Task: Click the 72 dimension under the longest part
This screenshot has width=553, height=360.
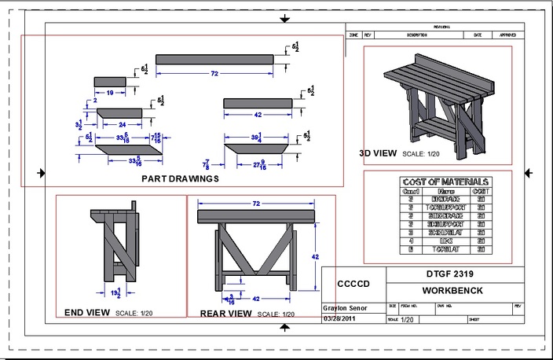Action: [x=214, y=73]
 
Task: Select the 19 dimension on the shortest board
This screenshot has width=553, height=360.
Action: [x=109, y=93]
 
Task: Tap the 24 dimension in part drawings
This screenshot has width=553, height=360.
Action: [x=122, y=124]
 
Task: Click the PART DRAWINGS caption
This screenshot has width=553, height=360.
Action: [x=181, y=178]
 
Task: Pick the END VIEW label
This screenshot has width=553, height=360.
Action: [x=87, y=312]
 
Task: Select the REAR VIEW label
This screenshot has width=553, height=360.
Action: [x=225, y=314]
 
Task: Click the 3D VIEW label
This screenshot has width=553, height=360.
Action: [x=379, y=153]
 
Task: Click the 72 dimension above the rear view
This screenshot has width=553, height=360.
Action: [x=255, y=204]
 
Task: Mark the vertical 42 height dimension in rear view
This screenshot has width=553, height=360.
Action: [x=317, y=256]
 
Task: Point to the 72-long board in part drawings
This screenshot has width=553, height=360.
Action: [x=214, y=59]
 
